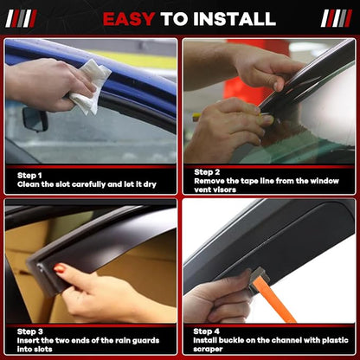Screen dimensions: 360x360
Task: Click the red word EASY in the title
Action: point(129,19)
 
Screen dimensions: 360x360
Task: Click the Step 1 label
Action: point(29,176)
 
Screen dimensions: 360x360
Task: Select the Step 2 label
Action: point(207,172)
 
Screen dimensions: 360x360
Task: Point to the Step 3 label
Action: point(30,331)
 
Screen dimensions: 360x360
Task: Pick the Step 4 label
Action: point(206,331)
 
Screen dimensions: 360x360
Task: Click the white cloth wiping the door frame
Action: point(89,87)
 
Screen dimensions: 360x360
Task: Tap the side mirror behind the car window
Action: point(35,119)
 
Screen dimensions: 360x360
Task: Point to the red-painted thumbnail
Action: point(59,268)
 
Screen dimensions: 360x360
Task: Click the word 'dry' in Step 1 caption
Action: point(150,184)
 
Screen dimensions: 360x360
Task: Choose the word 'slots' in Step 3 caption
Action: point(43,350)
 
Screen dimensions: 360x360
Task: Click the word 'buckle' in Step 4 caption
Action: point(231,340)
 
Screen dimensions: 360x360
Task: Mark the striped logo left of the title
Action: point(21,18)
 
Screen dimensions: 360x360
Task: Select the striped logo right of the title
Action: point(337,18)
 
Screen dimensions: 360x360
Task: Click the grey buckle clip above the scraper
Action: point(259,276)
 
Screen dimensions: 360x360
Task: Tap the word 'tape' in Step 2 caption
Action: point(249,182)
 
